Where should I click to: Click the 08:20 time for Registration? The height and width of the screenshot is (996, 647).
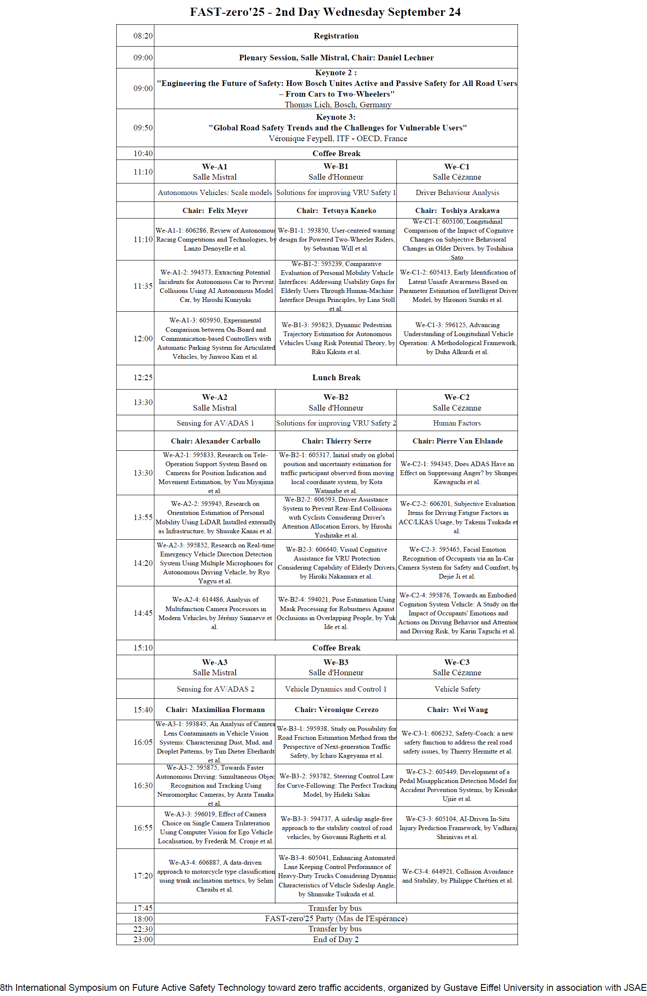click(143, 36)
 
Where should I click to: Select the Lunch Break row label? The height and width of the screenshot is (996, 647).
click(336, 378)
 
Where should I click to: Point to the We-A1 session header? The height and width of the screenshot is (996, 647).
click(215, 167)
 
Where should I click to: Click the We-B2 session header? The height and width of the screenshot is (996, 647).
click(336, 397)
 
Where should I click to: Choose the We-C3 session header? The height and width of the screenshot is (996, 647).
click(457, 662)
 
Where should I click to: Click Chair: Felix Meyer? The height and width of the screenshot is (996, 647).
click(215, 210)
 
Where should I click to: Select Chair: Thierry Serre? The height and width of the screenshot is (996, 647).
click(337, 441)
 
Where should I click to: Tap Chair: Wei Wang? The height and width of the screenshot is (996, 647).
click(457, 709)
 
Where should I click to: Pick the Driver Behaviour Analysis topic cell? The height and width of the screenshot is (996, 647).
click(457, 192)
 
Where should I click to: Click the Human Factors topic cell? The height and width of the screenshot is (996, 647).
click(457, 423)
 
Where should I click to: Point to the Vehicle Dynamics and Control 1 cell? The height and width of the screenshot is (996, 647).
click(336, 689)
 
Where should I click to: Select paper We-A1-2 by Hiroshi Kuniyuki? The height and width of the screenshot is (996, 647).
click(215, 286)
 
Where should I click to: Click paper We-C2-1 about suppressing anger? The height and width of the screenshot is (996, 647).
click(457, 473)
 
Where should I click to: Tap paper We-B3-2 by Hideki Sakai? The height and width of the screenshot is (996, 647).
click(336, 785)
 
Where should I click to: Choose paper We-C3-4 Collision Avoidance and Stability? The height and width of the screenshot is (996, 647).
click(457, 876)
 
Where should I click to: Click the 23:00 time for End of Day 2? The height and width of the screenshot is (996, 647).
click(143, 940)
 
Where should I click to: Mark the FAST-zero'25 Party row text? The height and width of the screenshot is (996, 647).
click(336, 919)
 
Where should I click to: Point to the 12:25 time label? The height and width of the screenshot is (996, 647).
click(143, 378)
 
